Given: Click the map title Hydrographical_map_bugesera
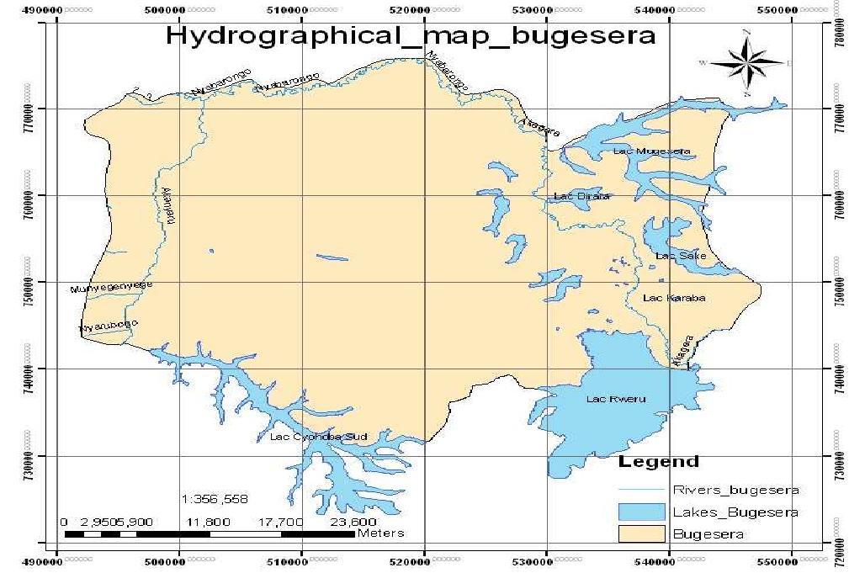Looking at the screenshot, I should tap(410, 37).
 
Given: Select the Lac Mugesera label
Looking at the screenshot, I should tap(652, 151).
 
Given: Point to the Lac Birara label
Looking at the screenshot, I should tap(581, 197).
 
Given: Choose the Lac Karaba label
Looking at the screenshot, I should tap(673, 298).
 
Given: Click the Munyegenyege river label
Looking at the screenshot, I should tap(112, 288).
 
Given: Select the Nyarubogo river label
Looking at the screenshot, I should tap(108, 326).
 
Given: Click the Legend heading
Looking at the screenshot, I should tap(658, 462).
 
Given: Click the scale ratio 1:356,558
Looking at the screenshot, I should tap(215, 499).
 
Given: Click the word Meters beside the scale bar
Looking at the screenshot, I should tap(380, 533).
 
